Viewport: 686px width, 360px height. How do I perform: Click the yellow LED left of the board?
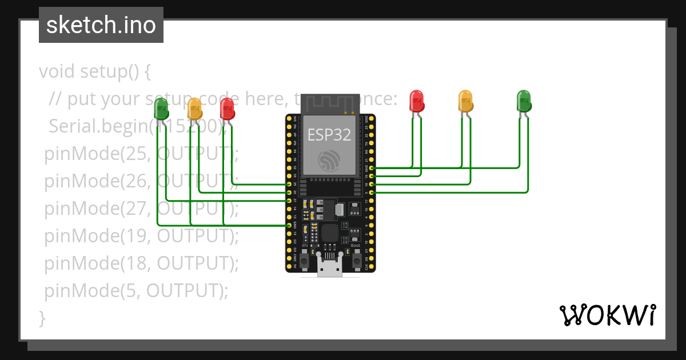pyautogui.click(x=195, y=107)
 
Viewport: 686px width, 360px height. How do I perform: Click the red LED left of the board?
pyautogui.click(x=227, y=107)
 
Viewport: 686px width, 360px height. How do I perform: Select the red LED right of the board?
pyautogui.click(x=417, y=100)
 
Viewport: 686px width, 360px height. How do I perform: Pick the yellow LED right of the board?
pyautogui.click(x=466, y=100)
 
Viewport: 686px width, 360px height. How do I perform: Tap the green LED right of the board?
pyautogui.click(x=524, y=100)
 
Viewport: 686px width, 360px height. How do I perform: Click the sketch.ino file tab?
pyautogui.click(x=101, y=25)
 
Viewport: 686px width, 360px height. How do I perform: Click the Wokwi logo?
pyautogui.click(x=607, y=315)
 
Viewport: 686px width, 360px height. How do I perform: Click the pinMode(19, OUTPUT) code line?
pyautogui.click(x=141, y=236)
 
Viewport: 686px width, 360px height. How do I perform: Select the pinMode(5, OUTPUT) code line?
pyautogui.click(x=136, y=291)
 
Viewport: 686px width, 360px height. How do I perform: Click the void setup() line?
pyautogui.click(x=95, y=72)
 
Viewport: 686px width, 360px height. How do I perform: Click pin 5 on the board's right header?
pyautogui.click(x=372, y=193)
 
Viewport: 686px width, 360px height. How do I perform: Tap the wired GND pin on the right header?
pyautogui.click(x=372, y=168)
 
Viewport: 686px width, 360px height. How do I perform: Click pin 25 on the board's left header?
pyautogui.click(x=289, y=185)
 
